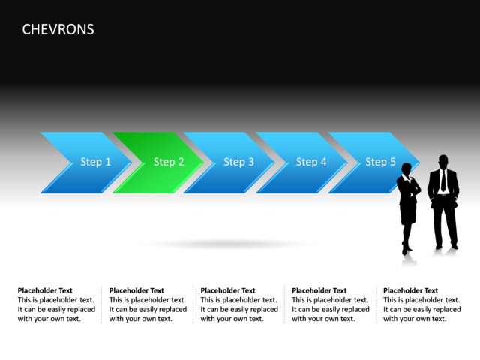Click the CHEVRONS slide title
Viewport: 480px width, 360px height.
(58, 29)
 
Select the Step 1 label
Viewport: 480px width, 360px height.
(95, 162)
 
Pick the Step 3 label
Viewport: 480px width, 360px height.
(238, 162)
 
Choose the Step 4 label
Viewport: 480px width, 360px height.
(311, 162)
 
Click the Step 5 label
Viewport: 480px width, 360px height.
(380, 162)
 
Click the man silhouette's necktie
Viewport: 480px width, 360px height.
(443, 181)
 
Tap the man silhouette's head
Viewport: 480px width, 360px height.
(442, 161)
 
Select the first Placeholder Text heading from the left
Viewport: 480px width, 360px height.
(45, 290)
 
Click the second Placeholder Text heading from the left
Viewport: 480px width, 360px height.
(136, 290)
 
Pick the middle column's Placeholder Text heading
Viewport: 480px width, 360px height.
(228, 290)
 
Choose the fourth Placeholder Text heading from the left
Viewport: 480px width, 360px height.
(319, 290)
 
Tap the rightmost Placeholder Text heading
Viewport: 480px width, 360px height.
(411, 290)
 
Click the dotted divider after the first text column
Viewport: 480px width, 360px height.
(102, 304)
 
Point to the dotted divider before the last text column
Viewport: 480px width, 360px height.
(376, 304)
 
